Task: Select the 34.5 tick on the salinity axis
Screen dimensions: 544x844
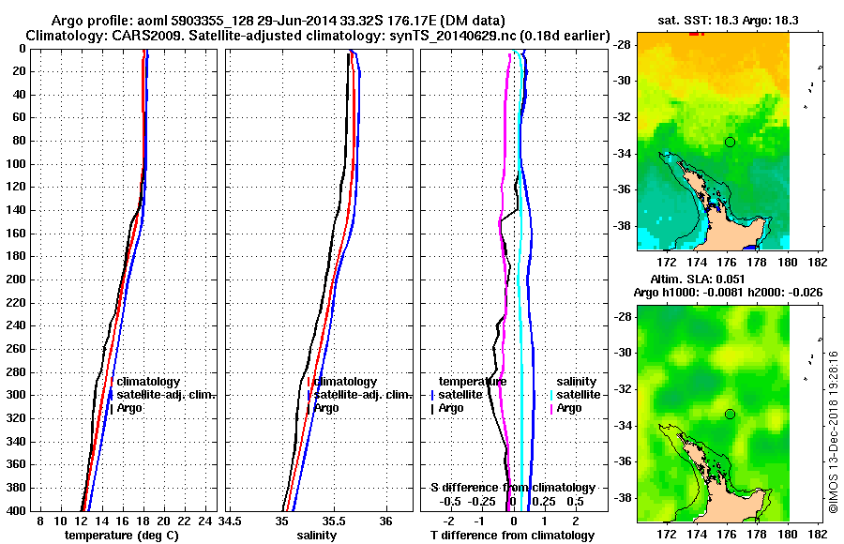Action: (231, 521)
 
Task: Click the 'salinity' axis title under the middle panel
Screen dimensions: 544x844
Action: (317, 535)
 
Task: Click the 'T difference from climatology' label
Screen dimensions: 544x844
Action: (512, 535)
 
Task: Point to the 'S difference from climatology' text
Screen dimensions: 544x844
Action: (512, 488)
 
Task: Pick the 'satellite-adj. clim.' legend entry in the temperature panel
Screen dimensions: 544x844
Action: (166, 395)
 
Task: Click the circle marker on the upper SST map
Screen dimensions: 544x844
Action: (730, 142)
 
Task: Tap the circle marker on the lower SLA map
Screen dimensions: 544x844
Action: (730, 414)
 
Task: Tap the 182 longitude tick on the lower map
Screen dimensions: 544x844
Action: (817, 533)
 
